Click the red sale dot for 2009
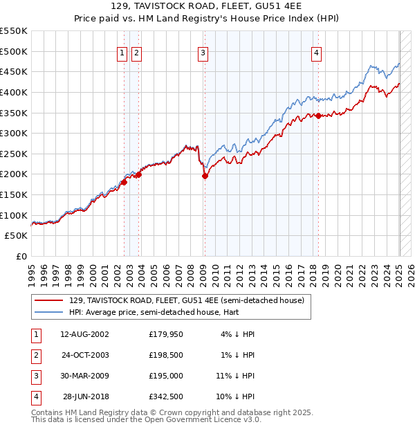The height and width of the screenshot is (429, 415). pyautogui.click(x=205, y=176)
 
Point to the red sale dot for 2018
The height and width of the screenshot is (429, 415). pyautogui.click(x=318, y=116)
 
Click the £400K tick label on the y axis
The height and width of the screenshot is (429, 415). pyautogui.click(x=13, y=92)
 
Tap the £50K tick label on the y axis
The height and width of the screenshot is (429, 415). pyautogui.click(x=16, y=236)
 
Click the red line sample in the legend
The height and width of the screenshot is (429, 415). pyautogui.click(x=50, y=300)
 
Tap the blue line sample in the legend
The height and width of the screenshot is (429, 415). pyautogui.click(x=50, y=313)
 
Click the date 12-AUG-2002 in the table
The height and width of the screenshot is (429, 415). pyautogui.click(x=84, y=334)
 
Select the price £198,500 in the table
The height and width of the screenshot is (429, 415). pyautogui.click(x=166, y=355)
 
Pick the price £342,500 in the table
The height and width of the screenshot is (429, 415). pyautogui.click(x=166, y=396)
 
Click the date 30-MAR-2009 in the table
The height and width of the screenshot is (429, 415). pyautogui.click(x=84, y=376)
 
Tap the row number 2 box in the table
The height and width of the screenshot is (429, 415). pyautogui.click(x=35, y=355)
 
